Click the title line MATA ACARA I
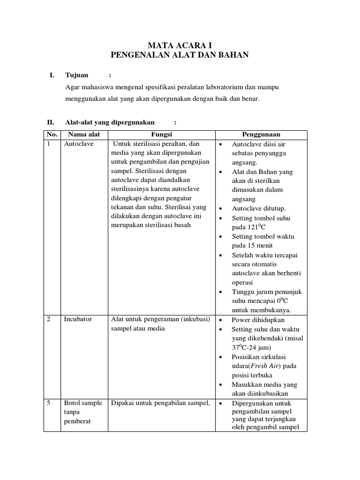[x=180, y=45]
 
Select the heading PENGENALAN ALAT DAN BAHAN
[x=180, y=55]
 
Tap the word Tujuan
[x=77, y=75]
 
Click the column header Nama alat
[x=85, y=135]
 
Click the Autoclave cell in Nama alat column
[x=79, y=144]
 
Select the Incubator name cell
[x=78, y=319]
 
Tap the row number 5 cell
[x=49, y=403]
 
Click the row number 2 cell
[x=49, y=319]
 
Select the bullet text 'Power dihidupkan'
[x=259, y=320]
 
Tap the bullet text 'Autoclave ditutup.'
[x=259, y=209]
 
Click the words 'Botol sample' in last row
[x=83, y=403]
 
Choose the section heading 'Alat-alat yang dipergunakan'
[x=110, y=122]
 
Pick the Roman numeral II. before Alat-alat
[x=51, y=122]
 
